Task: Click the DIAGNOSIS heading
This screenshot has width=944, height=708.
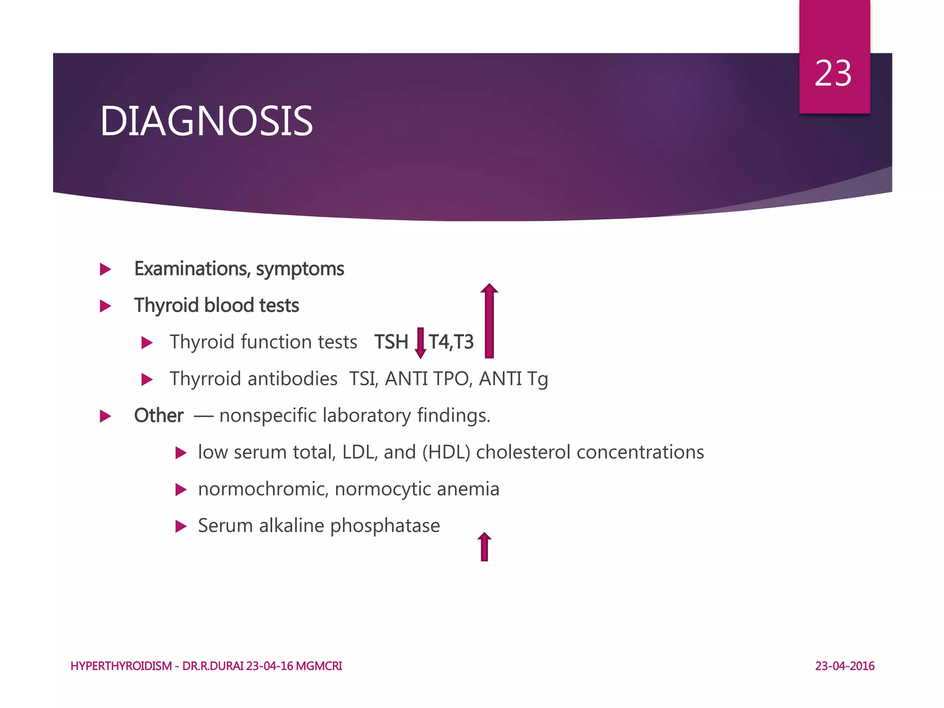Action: click(206, 121)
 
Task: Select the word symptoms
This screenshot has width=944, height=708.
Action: click(300, 269)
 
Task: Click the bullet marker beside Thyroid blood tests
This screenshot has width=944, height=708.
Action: click(106, 306)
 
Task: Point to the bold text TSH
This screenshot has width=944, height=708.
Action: click(391, 342)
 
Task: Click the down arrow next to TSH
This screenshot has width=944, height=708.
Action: click(420, 343)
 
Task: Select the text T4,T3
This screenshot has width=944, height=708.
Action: click(451, 342)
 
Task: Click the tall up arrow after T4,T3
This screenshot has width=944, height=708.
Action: click(489, 321)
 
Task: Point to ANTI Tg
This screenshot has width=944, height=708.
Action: click(513, 379)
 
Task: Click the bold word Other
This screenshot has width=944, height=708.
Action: click(159, 416)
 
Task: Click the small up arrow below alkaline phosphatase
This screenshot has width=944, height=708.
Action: click(484, 547)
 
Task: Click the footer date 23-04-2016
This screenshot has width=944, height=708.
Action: click(844, 666)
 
